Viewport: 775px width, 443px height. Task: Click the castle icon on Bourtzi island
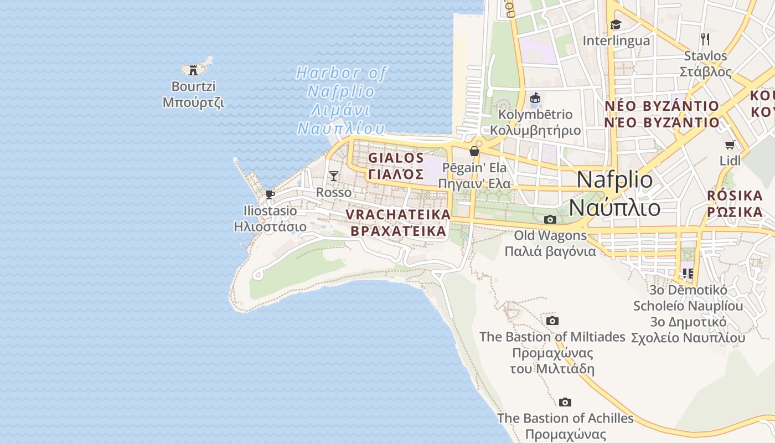(x=193, y=70)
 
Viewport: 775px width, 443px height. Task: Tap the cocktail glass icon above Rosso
(x=333, y=176)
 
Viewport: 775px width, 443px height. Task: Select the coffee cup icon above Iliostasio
(x=270, y=194)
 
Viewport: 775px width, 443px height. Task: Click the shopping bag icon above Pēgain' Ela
(x=474, y=151)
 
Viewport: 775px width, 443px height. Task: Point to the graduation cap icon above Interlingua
(x=616, y=24)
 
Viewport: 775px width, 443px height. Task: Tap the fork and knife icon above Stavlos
(x=705, y=39)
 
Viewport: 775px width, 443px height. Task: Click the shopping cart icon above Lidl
(x=730, y=145)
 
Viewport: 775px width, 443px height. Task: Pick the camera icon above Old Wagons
(x=550, y=219)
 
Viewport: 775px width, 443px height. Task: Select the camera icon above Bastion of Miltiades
(x=552, y=321)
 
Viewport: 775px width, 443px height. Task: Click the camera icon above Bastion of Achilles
(x=565, y=402)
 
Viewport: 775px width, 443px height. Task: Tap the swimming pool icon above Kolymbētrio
(x=535, y=99)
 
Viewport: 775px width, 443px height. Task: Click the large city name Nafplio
(x=614, y=180)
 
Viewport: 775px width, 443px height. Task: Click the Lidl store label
(x=730, y=161)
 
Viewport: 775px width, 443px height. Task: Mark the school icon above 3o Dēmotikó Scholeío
(x=688, y=273)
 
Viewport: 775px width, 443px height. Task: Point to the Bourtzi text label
(x=193, y=86)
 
